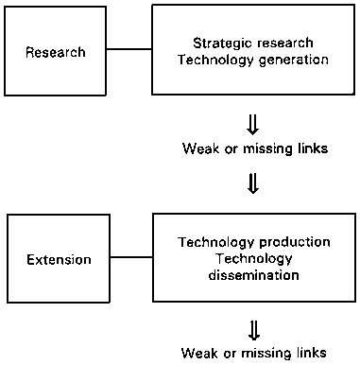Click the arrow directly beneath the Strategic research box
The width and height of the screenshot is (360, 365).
coord(252,126)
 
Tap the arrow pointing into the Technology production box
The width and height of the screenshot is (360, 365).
coord(252,182)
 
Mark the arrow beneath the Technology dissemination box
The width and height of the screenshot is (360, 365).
coord(252,329)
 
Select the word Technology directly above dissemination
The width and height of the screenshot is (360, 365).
coord(251,260)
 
